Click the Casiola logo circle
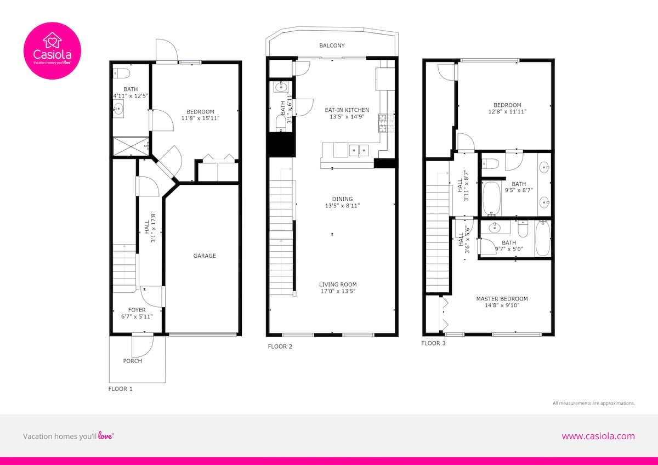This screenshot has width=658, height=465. click(52, 50)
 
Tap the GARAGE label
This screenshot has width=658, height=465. click(205, 256)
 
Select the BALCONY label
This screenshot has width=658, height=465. click(332, 46)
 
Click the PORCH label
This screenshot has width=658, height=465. click(133, 361)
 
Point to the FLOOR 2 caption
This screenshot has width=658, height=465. click(280, 347)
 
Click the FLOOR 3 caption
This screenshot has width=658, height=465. click(433, 343)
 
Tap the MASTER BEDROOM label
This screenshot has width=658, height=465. click(502, 299)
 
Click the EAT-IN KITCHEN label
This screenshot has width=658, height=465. click(347, 110)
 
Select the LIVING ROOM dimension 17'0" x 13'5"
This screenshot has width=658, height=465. click(338, 291)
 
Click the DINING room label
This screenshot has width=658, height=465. click(343, 199)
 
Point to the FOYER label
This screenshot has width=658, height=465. click(137, 310)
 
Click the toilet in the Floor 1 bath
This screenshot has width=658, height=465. click(122, 73)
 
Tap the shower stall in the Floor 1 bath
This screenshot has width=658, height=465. click(131, 146)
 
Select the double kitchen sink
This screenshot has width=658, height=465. click(359, 150)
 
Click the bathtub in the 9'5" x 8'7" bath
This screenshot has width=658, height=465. click(491, 199)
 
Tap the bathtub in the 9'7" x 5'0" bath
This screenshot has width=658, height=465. click(542, 239)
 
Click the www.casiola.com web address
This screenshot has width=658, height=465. click(598, 436)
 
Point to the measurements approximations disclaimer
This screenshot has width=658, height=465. click(594, 404)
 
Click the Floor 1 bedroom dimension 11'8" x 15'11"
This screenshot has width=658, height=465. click(200, 118)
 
